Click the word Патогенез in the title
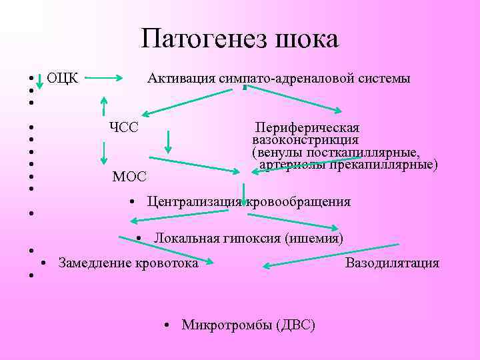[x=201, y=39]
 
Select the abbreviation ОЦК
[x=63, y=78]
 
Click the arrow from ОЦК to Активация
[x=109, y=79]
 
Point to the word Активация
[x=181, y=79]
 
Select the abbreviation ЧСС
[x=123, y=127]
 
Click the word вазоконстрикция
[x=305, y=140]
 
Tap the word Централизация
[x=194, y=202]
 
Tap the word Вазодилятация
[x=392, y=263]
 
